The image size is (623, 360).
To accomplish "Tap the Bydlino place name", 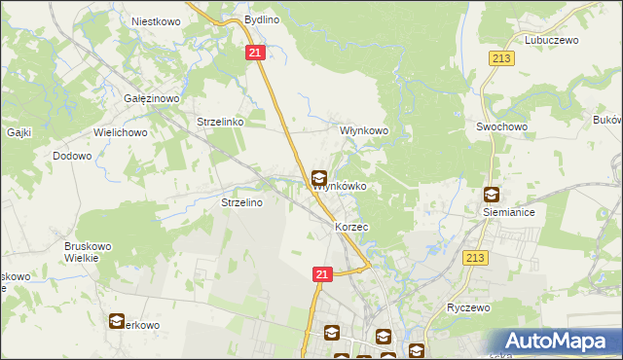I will [261, 19].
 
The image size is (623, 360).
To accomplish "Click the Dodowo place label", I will [72, 156].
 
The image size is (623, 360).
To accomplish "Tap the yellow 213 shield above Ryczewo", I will [475, 257].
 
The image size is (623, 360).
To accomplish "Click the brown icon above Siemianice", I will [492, 195].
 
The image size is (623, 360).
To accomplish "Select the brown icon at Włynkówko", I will [318, 178].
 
